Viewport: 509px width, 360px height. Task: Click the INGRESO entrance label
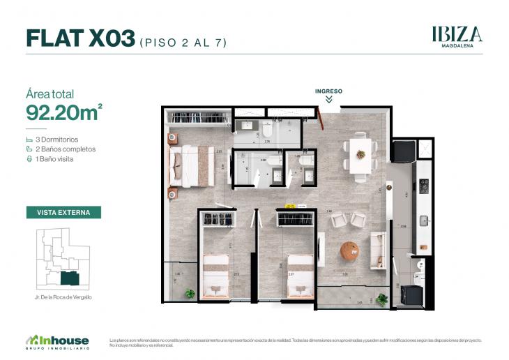point(328,91)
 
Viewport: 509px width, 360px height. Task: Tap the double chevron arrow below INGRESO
point(328,100)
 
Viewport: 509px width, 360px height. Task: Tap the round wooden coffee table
point(349,250)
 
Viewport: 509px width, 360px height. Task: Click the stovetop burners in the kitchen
point(423,186)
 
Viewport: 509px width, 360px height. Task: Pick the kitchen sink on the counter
point(423,221)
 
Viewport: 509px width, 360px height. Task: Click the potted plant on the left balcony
point(190,294)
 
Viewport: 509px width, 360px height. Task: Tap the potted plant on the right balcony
point(381,299)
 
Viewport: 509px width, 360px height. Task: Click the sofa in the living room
point(379,250)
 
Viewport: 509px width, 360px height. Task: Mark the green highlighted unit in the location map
point(69,278)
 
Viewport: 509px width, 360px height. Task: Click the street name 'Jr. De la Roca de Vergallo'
point(63,297)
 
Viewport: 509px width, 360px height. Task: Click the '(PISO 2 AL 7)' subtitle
point(183,42)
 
